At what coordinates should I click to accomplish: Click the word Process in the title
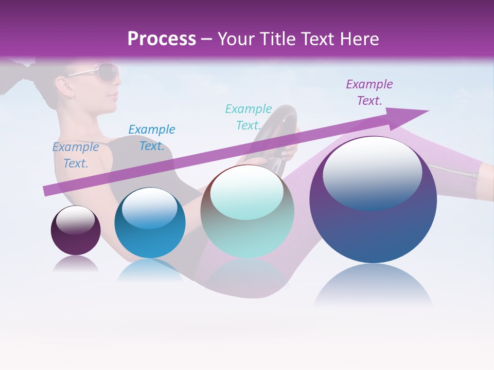[162, 39]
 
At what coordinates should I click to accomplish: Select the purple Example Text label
[369, 92]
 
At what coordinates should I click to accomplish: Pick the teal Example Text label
[249, 117]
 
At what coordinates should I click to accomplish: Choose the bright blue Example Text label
[151, 138]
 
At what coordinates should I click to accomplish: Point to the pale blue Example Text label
[76, 155]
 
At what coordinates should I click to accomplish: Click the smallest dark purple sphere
[76, 231]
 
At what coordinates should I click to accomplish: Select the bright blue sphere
[150, 223]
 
